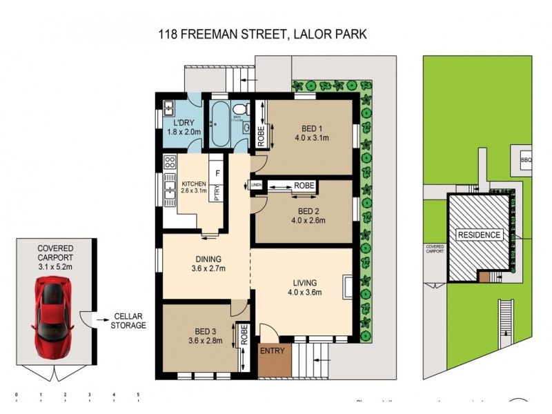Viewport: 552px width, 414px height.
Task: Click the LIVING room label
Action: pyautogui.click(x=304, y=282)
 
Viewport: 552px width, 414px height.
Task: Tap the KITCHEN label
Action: pyautogui.click(x=194, y=184)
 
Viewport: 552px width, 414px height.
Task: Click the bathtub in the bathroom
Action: pyautogui.click(x=219, y=123)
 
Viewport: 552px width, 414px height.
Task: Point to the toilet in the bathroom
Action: pyautogui.click(x=240, y=110)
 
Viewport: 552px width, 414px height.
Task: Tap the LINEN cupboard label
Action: pyautogui.click(x=256, y=185)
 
